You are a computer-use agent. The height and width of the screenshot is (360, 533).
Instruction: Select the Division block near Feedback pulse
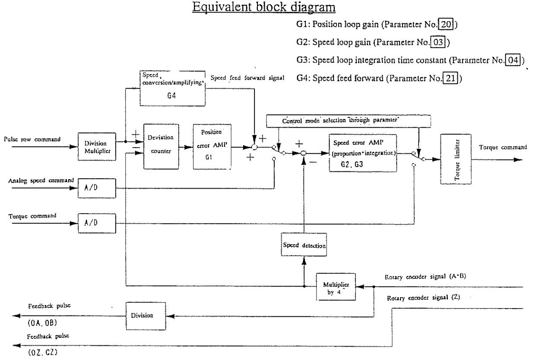tap(146, 316)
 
